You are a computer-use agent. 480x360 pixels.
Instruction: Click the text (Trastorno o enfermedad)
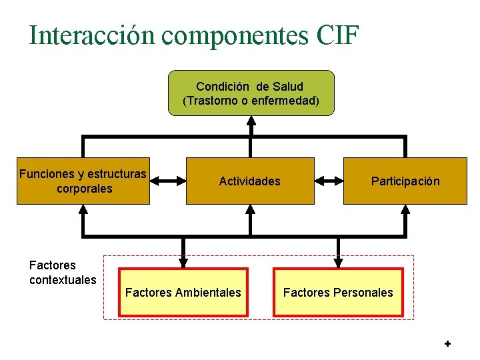[x=251, y=101]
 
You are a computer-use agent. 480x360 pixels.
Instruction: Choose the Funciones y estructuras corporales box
[x=83, y=181]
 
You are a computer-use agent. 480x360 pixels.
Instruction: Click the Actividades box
[x=250, y=181]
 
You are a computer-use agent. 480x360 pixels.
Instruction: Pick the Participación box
[x=405, y=181]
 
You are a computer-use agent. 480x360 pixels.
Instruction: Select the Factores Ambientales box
[x=183, y=292]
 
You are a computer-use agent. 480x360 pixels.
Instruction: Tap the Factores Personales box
[x=338, y=292]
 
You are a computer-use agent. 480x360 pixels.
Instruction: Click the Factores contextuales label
[x=63, y=273]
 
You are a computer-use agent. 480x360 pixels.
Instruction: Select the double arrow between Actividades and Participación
[x=328, y=180]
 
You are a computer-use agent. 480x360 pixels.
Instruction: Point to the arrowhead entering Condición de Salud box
[x=251, y=121]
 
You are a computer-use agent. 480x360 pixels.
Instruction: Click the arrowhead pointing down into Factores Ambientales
[x=183, y=261]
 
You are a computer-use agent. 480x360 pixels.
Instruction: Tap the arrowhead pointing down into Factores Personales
[x=338, y=261]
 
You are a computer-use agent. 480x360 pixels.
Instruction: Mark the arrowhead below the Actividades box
[x=251, y=209]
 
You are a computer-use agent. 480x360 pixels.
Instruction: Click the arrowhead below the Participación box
[x=405, y=209]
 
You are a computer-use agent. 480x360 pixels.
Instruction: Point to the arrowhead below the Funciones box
[x=83, y=209]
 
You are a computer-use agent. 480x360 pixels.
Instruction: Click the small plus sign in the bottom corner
[x=447, y=344]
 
